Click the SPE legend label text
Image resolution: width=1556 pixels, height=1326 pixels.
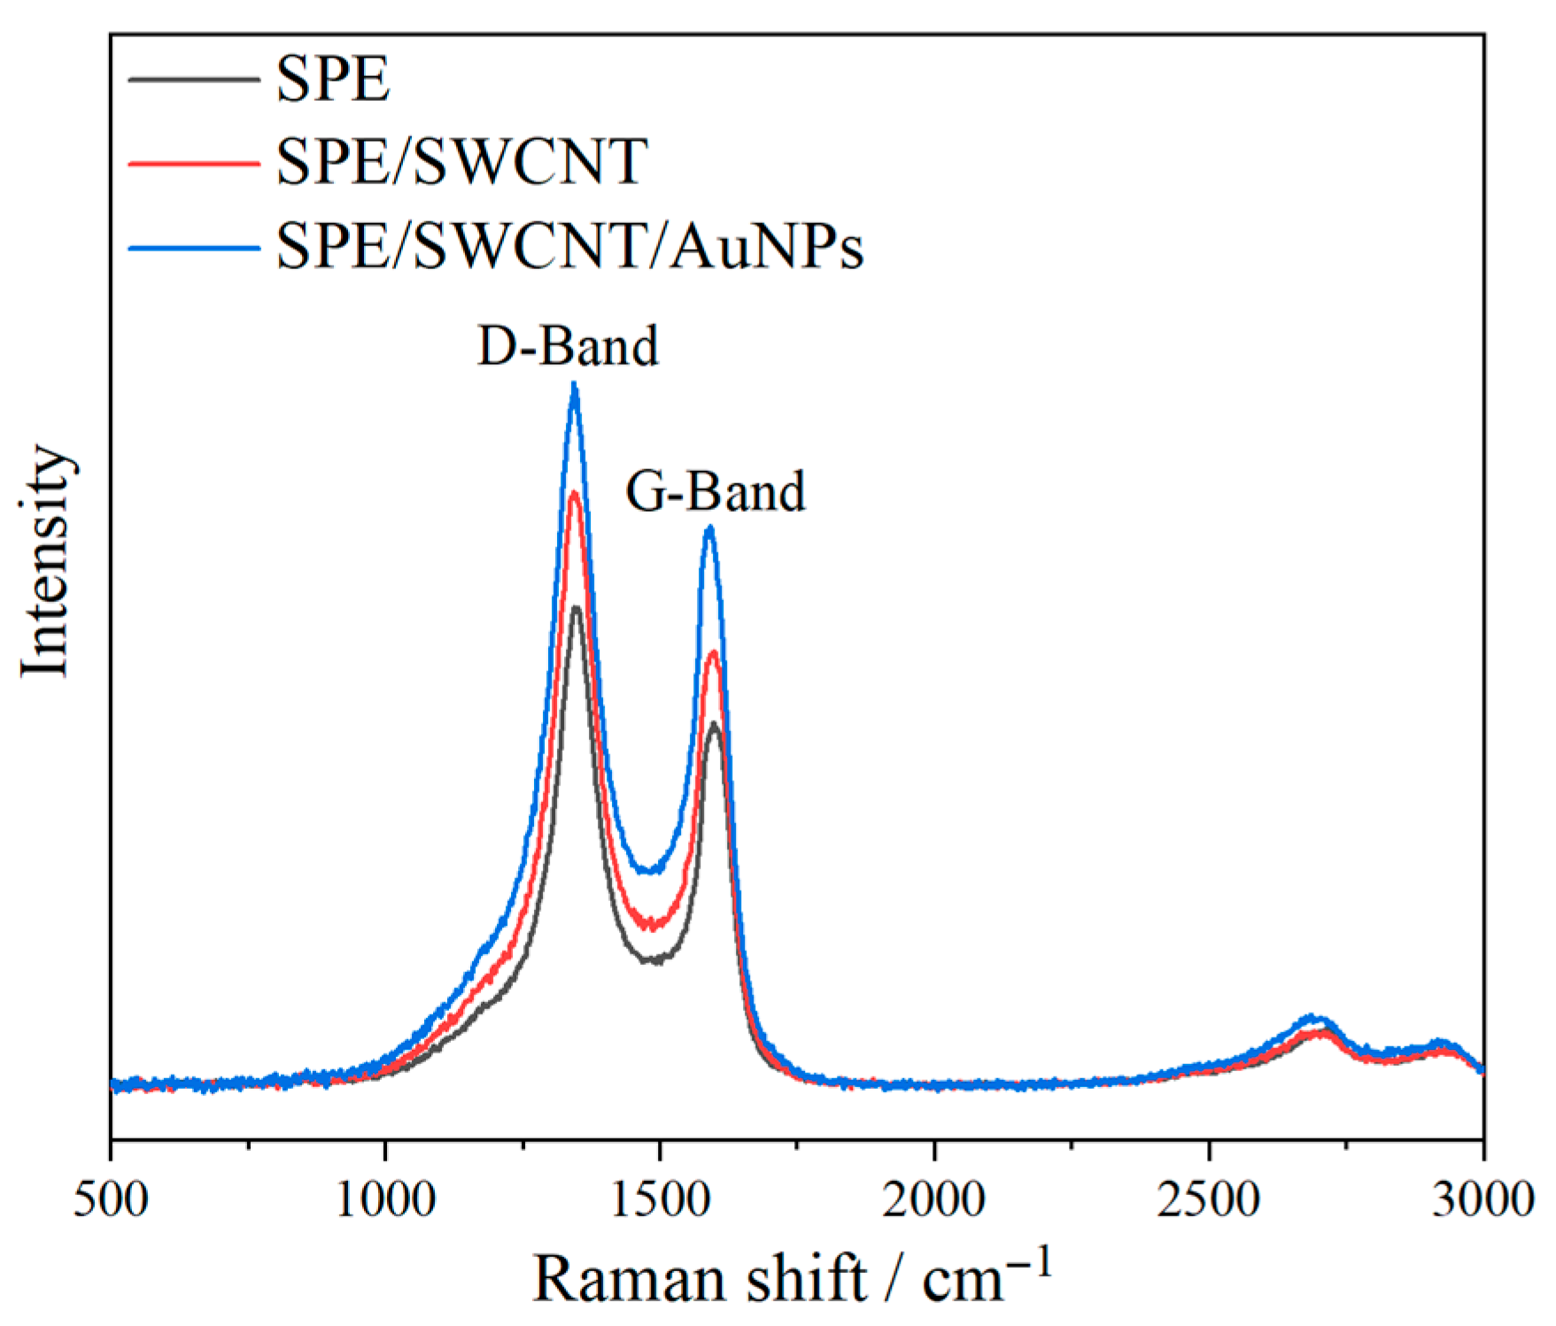click(x=332, y=80)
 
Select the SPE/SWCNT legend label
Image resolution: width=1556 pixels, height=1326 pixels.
click(x=461, y=162)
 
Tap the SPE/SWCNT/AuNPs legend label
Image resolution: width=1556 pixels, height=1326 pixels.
click(x=569, y=245)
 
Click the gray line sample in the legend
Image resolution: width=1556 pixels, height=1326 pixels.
click(x=194, y=80)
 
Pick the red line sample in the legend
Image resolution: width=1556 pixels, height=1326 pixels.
click(x=194, y=163)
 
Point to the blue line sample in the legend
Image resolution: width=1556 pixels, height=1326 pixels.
click(x=194, y=247)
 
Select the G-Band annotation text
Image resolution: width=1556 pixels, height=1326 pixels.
click(x=716, y=491)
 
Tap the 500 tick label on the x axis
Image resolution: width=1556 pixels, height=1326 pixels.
click(x=111, y=1201)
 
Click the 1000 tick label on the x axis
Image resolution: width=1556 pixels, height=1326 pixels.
click(x=385, y=1201)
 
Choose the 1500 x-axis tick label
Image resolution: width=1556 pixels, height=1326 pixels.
click(x=660, y=1201)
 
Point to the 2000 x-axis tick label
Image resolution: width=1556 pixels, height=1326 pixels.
click(x=934, y=1201)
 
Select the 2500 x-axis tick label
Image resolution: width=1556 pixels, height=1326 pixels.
click(x=1209, y=1201)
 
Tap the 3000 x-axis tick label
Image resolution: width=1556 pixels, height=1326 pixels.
click(x=1482, y=1201)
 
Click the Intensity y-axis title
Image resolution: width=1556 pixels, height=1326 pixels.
click(x=44, y=561)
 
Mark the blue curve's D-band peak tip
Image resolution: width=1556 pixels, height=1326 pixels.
click(x=575, y=384)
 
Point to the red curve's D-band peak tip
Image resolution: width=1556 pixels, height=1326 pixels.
click(x=575, y=493)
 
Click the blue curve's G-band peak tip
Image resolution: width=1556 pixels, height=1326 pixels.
click(x=709, y=528)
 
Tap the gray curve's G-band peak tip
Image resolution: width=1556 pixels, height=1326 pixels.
click(x=714, y=725)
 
